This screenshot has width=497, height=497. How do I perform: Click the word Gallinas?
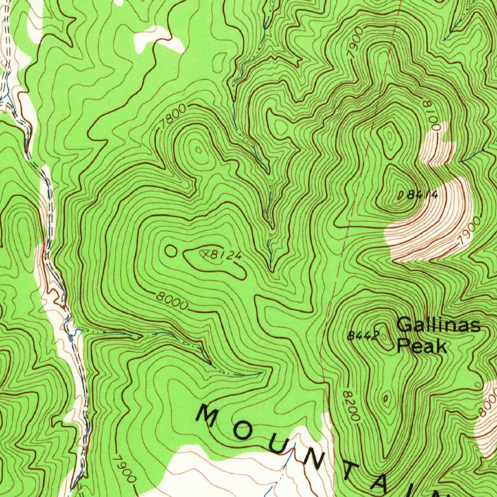coord(439,325)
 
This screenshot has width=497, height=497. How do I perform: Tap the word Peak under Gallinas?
coord(421,346)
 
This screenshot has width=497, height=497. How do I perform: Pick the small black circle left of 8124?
coord(171,251)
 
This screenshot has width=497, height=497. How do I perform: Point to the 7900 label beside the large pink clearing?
coord(467,231)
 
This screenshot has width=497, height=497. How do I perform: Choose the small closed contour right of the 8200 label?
coord(386,399)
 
